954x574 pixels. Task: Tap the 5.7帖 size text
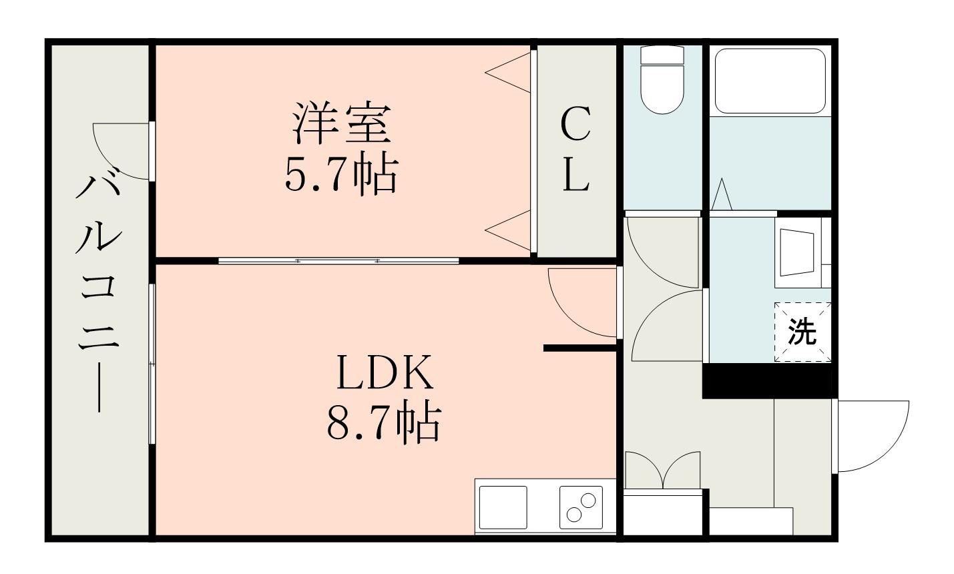click(x=341, y=176)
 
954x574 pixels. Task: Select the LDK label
click(x=385, y=373)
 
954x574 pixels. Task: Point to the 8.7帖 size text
click(x=384, y=422)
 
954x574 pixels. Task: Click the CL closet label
click(x=575, y=151)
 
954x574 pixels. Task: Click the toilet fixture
click(x=662, y=80)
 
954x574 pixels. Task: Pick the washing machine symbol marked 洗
click(x=802, y=332)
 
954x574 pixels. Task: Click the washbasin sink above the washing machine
click(x=800, y=252)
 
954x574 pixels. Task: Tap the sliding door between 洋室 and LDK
click(x=338, y=260)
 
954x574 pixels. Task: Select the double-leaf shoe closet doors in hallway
click(x=662, y=471)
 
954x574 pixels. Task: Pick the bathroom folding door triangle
click(x=722, y=195)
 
